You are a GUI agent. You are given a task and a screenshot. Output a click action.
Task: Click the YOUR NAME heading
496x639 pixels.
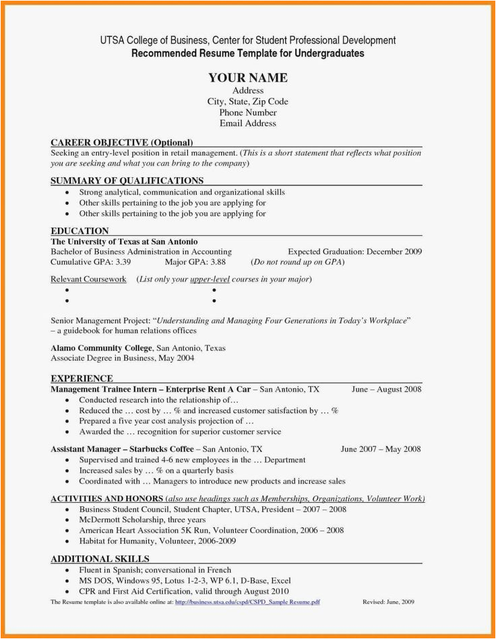pos(247,78)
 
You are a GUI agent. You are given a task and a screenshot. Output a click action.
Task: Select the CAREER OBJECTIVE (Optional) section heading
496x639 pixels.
pos(122,142)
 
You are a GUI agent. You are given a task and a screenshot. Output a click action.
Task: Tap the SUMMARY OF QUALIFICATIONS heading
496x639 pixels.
pos(127,181)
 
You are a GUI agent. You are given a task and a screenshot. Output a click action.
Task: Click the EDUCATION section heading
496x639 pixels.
pos(80,231)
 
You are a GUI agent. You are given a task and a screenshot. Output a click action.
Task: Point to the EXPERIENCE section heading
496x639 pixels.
pos(82,378)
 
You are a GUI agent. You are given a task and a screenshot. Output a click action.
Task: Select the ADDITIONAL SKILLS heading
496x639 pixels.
pos(100,559)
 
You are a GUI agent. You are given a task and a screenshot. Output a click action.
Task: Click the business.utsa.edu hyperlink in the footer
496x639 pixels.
pos(247,601)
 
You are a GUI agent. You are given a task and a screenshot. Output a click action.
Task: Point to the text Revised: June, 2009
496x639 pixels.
pos(388,601)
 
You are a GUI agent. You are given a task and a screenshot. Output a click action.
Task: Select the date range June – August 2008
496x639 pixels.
pos(386,389)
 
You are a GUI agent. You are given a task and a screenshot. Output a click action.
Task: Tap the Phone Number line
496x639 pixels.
pos(247,113)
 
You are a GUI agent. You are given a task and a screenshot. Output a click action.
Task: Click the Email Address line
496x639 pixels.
pos(247,123)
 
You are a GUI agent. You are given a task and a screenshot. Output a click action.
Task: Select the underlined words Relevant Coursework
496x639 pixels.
pos(88,279)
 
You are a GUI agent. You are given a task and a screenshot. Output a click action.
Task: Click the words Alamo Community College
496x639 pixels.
pos(102,348)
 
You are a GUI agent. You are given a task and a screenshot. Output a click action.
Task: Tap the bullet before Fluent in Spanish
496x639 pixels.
pos(67,570)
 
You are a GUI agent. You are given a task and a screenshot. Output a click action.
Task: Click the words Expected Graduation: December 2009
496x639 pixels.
pos(354,251)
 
